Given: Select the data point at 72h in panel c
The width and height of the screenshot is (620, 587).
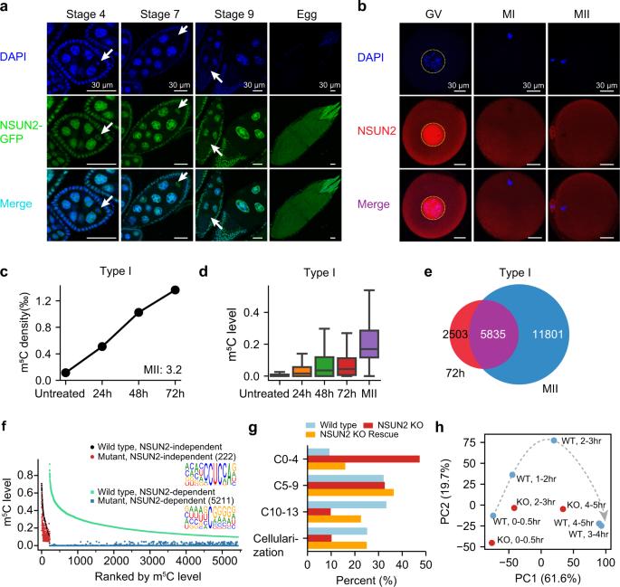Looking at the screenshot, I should tap(175, 289).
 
